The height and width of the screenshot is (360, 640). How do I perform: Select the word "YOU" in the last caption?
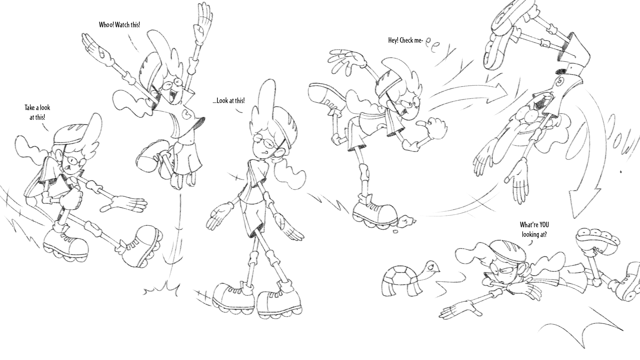(x=543, y=225)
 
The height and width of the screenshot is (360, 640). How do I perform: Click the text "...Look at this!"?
(x=229, y=101)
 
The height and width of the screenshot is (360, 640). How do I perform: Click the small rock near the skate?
(x=407, y=220)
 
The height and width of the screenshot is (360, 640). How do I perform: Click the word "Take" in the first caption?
(x=31, y=108)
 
